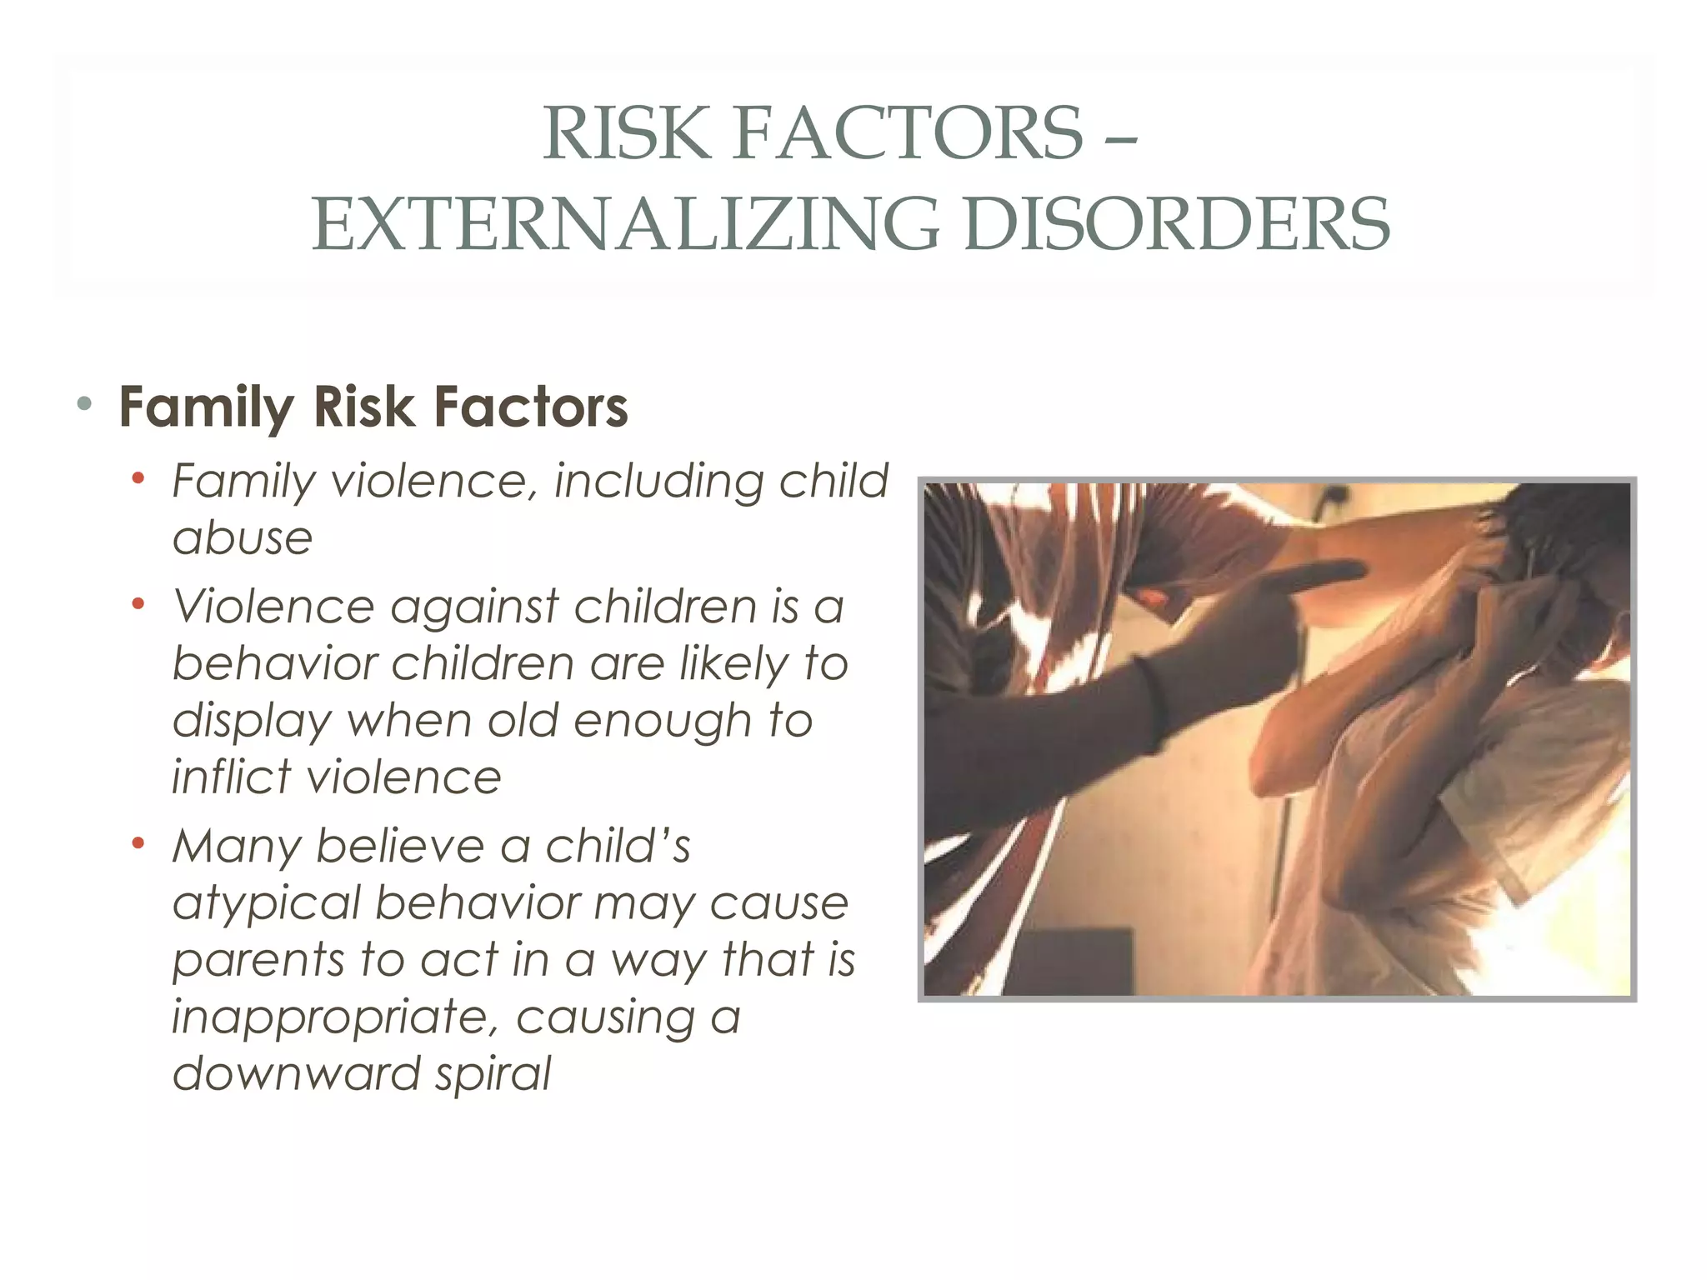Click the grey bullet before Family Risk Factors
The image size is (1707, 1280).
click(x=83, y=405)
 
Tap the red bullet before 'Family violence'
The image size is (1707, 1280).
click(x=138, y=478)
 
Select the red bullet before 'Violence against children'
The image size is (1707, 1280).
click(x=138, y=602)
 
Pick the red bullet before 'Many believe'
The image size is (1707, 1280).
click(x=138, y=842)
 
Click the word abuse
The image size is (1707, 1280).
click(x=243, y=538)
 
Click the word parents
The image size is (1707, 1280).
click(x=258, y=961)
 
